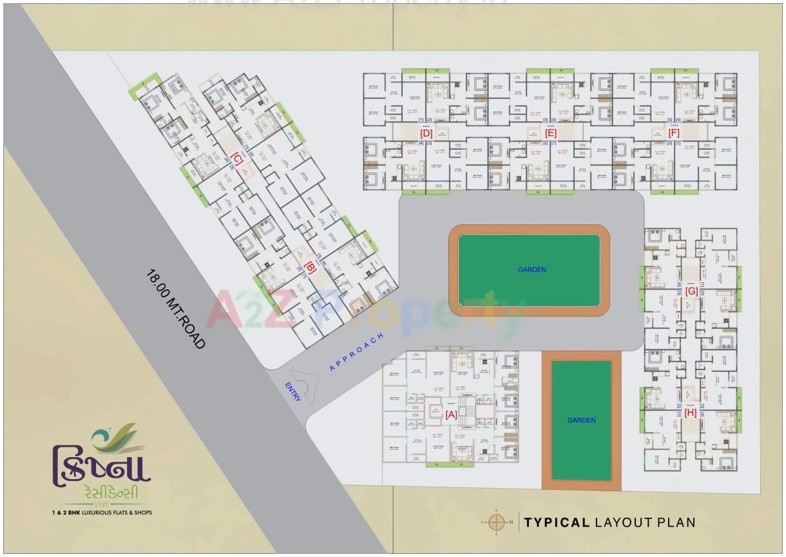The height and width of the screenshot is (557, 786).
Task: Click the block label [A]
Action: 451,415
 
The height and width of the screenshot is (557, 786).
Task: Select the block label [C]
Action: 236,157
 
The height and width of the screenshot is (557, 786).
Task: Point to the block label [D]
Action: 426,133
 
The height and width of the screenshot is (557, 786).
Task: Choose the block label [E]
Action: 550,133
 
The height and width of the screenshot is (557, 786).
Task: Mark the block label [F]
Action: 674,133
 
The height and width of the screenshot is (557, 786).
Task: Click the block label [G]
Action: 691,291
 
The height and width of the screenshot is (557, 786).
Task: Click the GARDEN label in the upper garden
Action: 532,269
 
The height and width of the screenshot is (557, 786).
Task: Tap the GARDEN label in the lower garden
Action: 581,420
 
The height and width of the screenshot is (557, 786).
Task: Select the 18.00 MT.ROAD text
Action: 175,309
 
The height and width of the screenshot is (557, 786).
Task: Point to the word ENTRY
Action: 293,392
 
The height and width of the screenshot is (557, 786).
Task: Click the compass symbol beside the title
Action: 496,522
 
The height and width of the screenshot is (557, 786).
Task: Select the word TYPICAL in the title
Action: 557,522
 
